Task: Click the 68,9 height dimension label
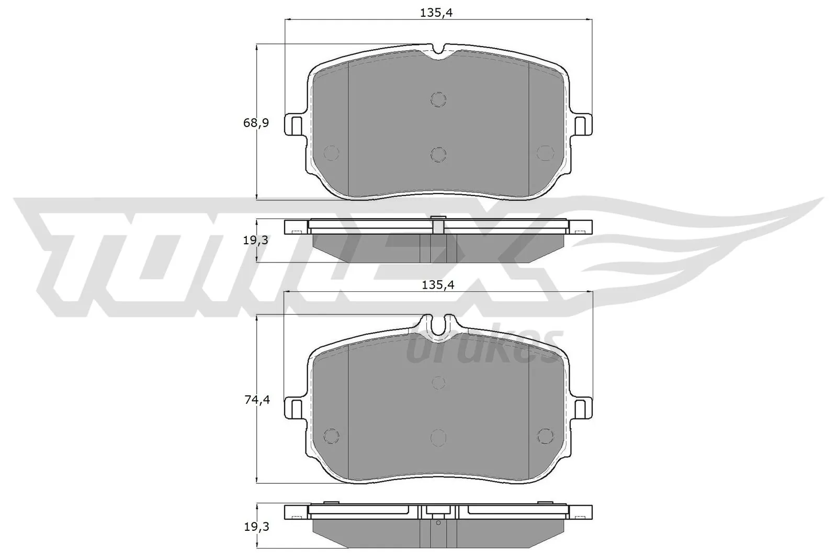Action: pyautogui.click(x=256, y=123)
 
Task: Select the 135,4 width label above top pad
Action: pyautogui.click(x=436, y=13)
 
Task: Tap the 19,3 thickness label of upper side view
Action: pyautogui.click(x=256, y=240)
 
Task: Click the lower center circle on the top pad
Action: pyautogui.click(x=438, y=154)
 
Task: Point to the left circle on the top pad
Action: pyautogui.click(x=332, y=152)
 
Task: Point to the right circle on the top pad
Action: pyautogui.click(x=545, y=152)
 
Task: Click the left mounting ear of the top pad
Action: pyautogui.click(x=295, y=124)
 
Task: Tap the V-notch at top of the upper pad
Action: pyautogui.click(x=438, y=51)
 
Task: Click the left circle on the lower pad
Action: pyautogui.click(x=331, y=436)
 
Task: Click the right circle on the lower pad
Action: pyautogui.click(x=545, y=436)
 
